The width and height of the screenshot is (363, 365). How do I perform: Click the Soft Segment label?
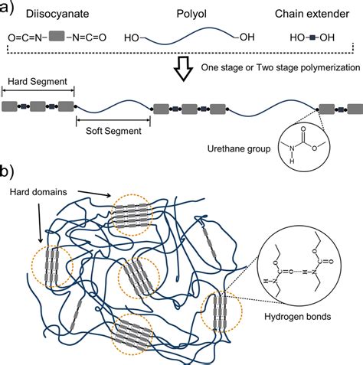[113, 131]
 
